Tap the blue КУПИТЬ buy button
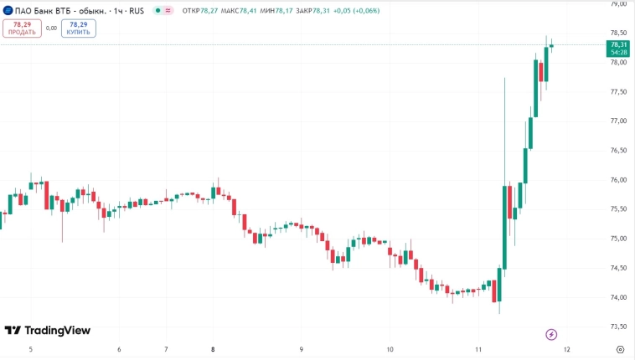click(x=79, y=28)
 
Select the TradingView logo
click(x=47, y=331)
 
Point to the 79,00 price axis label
click(x=619, y=4)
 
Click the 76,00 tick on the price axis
click(x=619, y=180)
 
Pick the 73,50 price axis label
click(x=619, y=327)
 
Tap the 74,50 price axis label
click(x=619, y=268)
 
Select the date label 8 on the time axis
click(x=213, y=349)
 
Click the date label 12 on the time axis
click(x=567, y=349)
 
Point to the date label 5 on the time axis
click(x=31, y=349)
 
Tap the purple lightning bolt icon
click(x=551, y=335)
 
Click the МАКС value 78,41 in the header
click(x=248, y=11)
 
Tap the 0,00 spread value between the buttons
click(x=51, y=28)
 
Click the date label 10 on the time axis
click(x=390, y=349)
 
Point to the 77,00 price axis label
click(x=619, y=121)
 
